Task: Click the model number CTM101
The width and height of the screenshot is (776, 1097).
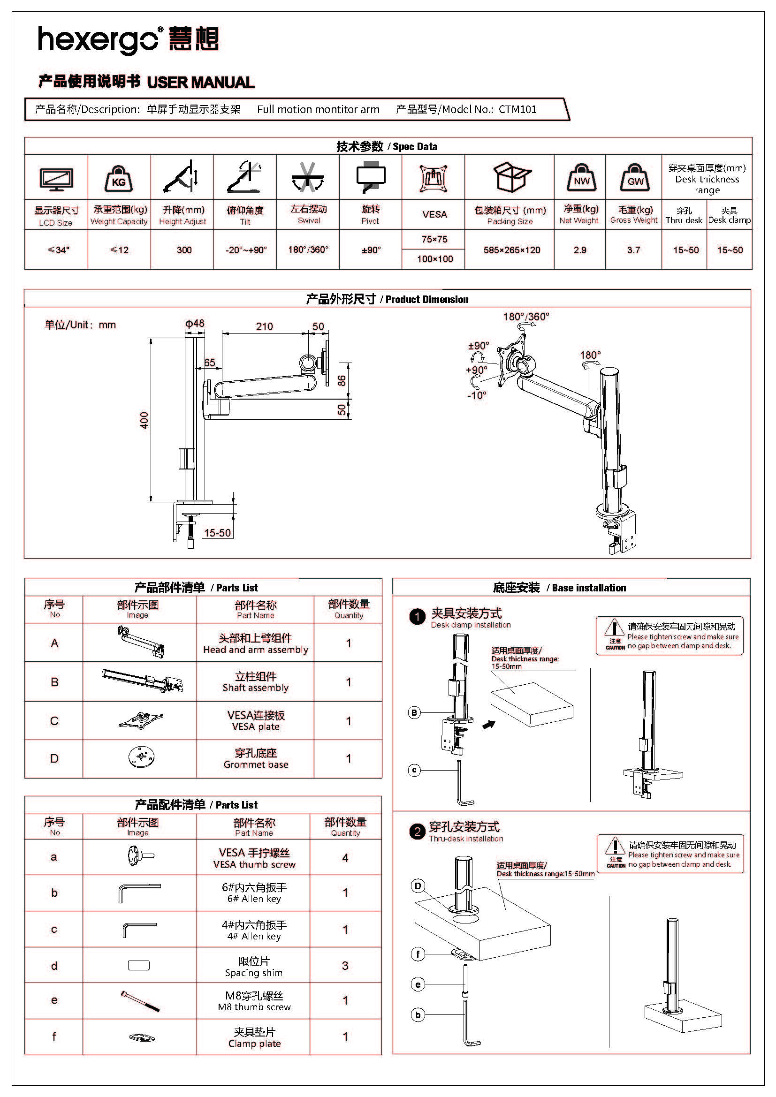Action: (517, 109)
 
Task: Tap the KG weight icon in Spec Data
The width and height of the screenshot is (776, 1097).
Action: (119, 178)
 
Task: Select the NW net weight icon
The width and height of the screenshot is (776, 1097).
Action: (581, 177)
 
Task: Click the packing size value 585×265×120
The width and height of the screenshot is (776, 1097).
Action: (512, 250)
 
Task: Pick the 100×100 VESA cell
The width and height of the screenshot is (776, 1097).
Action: (435, 259)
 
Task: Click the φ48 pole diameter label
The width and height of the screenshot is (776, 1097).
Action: (195, 324)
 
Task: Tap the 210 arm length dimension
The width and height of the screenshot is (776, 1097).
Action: (264, 326)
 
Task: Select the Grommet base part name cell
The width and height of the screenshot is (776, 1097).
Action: (256, 759)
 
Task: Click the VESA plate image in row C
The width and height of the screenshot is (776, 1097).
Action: (140, 720)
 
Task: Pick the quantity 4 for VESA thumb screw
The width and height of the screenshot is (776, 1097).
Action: (345, 858)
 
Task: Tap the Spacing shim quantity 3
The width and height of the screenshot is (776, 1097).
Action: (345, 966)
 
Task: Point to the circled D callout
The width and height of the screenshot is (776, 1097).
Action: (418, 886)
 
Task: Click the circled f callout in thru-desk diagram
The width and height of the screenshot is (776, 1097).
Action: (418, 954)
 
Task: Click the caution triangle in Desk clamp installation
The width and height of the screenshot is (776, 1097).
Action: (615, 628)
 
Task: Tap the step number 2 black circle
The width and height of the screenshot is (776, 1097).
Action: (417, 832)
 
